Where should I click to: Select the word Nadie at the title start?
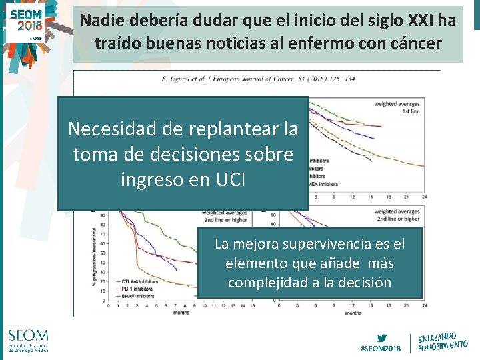click(x=101, y=21)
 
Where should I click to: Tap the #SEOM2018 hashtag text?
click(x=381, y=349)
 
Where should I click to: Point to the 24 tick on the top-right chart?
click(x=424, y=196)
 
